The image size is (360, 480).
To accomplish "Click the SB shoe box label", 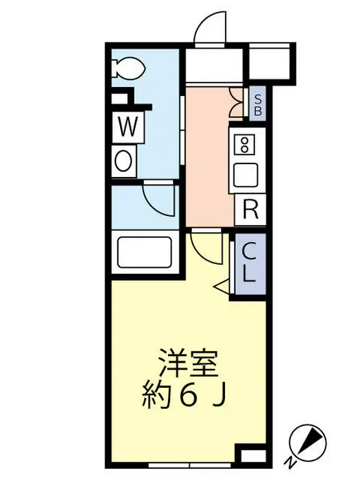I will click(x=258, y=104).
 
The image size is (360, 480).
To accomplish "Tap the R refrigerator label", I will click(x=250, y=209).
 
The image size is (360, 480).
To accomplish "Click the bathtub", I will click(x=143, y=252).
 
